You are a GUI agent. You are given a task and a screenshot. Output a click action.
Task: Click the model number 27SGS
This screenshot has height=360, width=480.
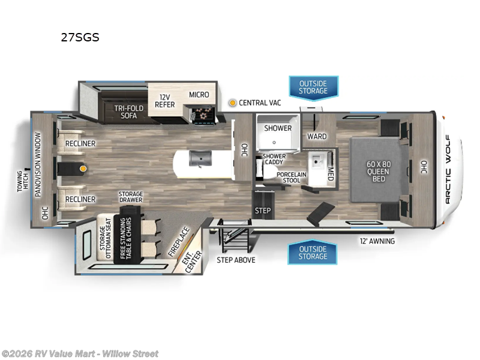[80, 37]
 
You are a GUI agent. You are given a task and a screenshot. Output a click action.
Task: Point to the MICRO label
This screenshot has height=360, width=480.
[199, 95]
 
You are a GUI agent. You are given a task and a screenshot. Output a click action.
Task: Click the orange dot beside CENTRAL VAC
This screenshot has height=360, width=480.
[232, 103]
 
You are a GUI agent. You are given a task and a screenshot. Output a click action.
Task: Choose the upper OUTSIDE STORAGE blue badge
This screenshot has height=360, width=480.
[313, 86]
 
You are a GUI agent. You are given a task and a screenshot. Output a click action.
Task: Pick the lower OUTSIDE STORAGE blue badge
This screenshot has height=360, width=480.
[313, 253]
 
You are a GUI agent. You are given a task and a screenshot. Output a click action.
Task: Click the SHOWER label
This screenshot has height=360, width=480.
[278, 128]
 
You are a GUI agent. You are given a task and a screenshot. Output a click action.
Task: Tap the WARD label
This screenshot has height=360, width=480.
[317, 136]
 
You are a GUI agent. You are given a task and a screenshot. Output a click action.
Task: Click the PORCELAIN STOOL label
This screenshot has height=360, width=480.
[292, 177]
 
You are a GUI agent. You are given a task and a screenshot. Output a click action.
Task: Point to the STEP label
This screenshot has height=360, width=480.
[263, 211]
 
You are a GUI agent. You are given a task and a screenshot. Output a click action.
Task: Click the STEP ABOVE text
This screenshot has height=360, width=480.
[236, 260]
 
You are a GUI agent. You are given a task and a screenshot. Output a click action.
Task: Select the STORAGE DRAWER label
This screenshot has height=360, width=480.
[130, 197]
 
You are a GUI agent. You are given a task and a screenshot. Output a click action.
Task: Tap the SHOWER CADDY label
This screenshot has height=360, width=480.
[275, 160]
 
